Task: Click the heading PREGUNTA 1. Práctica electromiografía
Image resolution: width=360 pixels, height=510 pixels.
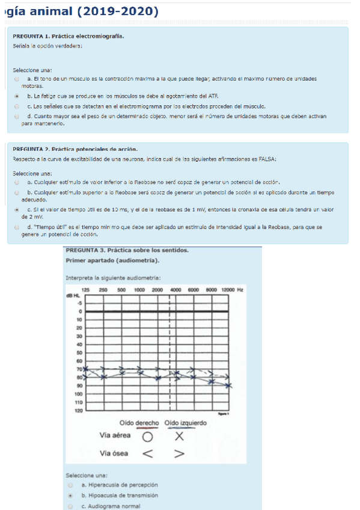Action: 69,36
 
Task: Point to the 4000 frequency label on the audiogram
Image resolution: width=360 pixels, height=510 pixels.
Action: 176,290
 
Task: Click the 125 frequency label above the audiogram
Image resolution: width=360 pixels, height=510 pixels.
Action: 85,290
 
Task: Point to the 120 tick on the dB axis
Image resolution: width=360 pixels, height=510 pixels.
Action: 78,411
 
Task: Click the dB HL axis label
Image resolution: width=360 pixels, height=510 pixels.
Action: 73,296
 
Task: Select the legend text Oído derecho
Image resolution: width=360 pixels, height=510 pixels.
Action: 139,423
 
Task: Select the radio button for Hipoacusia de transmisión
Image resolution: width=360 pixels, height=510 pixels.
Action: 71,496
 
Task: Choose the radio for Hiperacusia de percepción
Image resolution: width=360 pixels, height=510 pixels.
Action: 71,485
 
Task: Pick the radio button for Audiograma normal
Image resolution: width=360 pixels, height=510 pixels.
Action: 71,506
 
